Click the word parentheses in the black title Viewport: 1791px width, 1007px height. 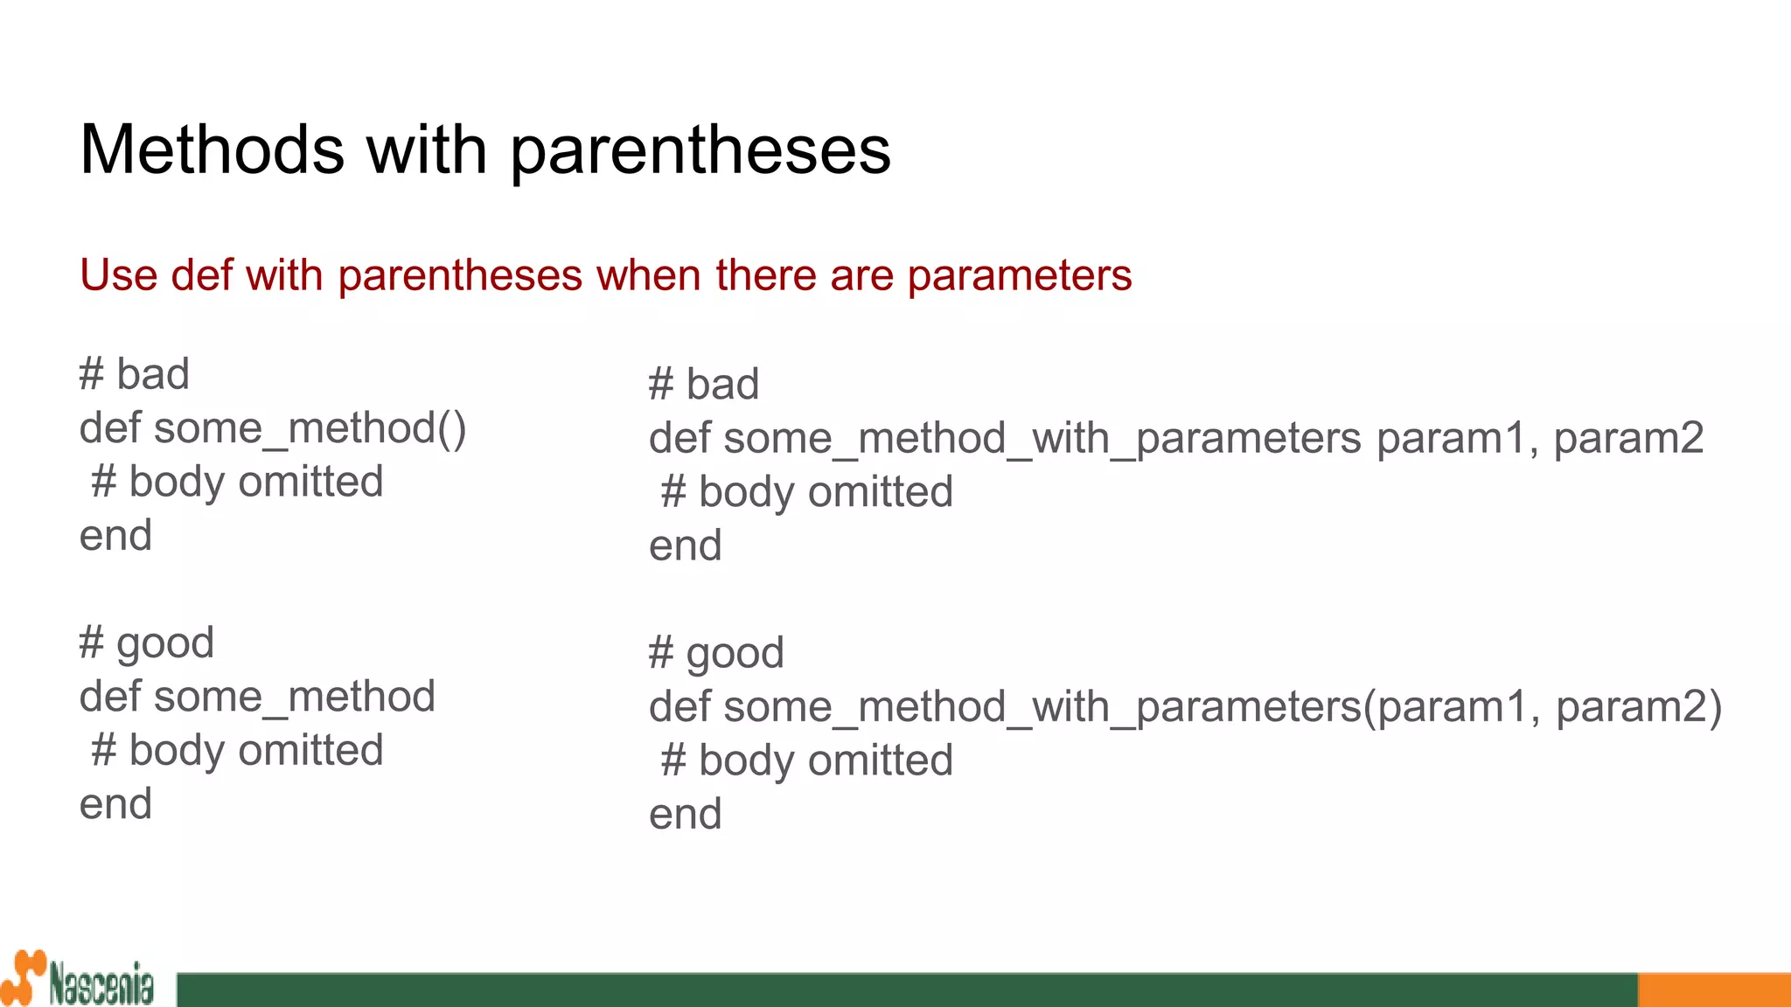click(x=700, y=151)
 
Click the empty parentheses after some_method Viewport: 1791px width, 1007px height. click(x=452, y=429)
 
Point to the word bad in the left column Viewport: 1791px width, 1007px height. click(x=153, y=375)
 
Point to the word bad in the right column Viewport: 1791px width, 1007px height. click(x=722, y=385)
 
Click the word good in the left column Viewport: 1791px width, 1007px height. click(x=165, y=644)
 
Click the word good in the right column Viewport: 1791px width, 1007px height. click(x=735, y=654)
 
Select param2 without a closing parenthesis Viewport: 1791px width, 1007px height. click(x=1628, y=438)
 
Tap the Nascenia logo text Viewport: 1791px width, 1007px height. click(x=101, y=985)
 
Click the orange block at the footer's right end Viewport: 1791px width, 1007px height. click(x=1713, y=990)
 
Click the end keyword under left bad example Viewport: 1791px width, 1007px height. click(x=115, y=536)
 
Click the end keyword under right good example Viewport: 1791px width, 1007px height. click(x=685, y=815)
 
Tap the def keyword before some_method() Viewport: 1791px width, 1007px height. click(x=110, y=428)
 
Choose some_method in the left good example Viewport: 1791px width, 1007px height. click(x=295, y=698)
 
